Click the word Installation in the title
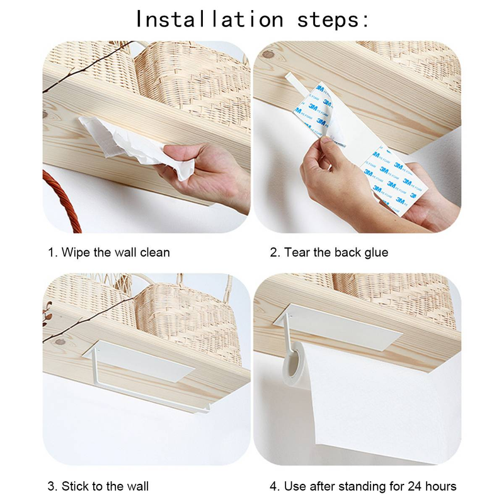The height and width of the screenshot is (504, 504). coord(210,20)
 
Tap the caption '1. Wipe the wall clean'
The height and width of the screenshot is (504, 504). coord(109,253)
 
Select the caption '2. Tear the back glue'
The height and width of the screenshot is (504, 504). coord(329,253)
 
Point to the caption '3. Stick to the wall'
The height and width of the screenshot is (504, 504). coord(98,486)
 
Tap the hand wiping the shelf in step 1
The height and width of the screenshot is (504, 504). coord(206,172)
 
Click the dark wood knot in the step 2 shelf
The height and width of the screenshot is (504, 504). coord(267,54)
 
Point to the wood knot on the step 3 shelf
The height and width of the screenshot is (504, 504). coord(60,341)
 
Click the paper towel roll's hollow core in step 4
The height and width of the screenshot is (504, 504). coord(292,363)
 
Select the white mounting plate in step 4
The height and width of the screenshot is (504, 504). coord(338,327)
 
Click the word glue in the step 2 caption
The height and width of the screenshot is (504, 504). coord(376,253)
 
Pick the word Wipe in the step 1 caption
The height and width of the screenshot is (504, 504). coord(76,253)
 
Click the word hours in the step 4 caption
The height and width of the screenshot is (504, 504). coord(441,486)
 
